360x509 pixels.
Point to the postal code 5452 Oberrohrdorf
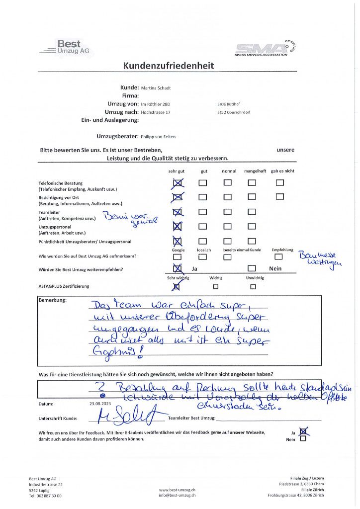(x=234, y=113)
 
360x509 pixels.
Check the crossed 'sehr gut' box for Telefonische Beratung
(x=177, y=183)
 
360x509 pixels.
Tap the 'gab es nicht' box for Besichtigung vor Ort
(x=279, y=196)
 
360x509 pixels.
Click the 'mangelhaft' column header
(x=255, y=171)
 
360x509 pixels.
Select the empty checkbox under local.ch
(x=202, y=257)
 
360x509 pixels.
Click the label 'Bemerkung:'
(x=52, y=301)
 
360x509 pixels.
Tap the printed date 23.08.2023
(x=98, y=403)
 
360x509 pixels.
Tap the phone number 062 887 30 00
(x=45, y=496)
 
